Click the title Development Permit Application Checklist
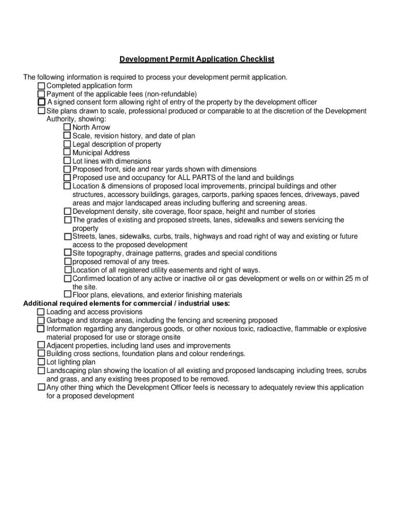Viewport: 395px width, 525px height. [x=197, y=59]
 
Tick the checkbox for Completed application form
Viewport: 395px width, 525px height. [x=41, y=86]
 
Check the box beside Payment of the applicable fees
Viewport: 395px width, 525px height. [x=41, y=94]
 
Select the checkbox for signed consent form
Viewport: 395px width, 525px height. [x=42, y=103]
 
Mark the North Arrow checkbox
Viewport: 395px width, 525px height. [x=67, y=127]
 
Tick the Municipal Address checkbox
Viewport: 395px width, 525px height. [x=67, y=152]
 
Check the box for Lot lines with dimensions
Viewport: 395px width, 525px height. [x=67, y=160]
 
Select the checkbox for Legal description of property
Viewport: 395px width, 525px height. [x=67, y=144]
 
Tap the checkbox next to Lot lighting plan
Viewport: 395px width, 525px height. [x=41, y=362]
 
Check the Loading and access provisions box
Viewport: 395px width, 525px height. [x=41, y=312]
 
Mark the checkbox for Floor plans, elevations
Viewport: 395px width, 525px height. [x=67, y=295]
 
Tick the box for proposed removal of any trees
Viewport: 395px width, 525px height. [x=68, y=261]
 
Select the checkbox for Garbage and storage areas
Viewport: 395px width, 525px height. [x=41, y=320]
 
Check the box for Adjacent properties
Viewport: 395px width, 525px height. [x=41, y=346]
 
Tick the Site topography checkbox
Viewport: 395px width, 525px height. [x=68, y=253]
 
